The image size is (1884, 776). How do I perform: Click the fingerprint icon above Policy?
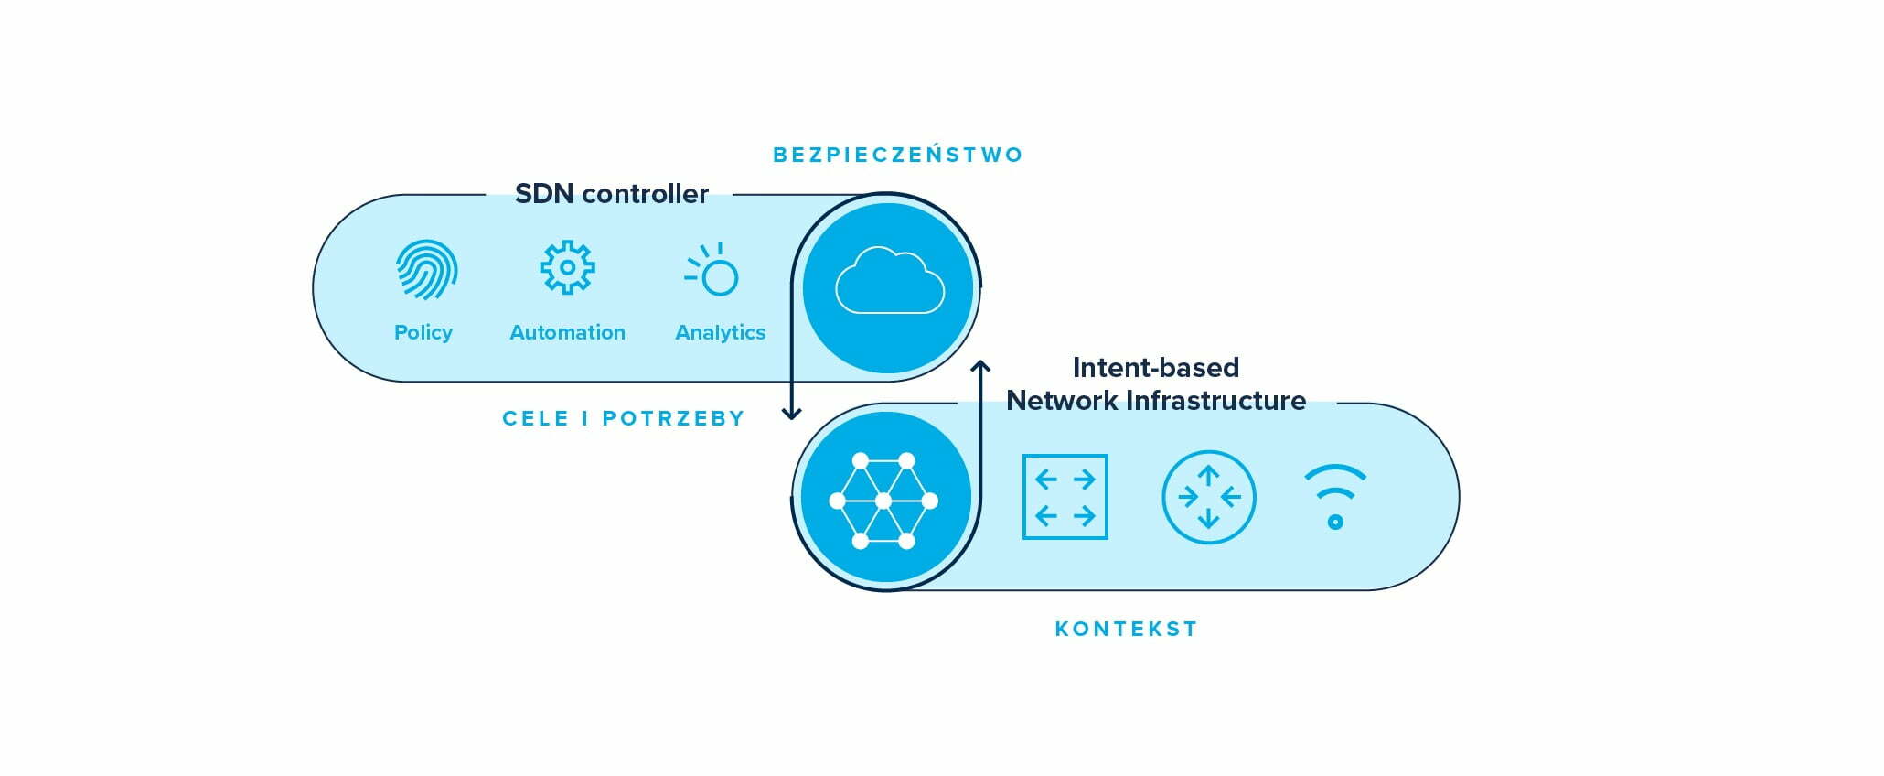click(x=426, y=270)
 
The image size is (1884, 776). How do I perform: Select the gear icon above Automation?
click(x=567, y=267)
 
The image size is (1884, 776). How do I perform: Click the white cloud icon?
click(x=889, y=281)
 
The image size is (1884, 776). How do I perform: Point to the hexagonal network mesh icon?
click(x=883, y=501)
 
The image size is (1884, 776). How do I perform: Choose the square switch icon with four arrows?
click(x=1065, y=497)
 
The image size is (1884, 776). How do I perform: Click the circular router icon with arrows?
click(x=1208, y=497)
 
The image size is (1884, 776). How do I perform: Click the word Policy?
click(x=423, y=332)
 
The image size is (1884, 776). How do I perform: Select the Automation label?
click(x=567, y=332)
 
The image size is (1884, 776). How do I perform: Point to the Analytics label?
click(x=720, y=332)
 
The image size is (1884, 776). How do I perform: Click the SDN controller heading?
click(x=611, y=194)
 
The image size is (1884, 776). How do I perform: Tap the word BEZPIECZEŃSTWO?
click(x=897, y=155)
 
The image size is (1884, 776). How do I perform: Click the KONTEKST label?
click(x=1126, y=629)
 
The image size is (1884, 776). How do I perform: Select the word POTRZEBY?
click(x=673, y=418)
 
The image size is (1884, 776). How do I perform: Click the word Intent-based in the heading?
click(x=1155, y=367)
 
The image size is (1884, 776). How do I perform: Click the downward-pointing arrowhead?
click(x=792, y=413)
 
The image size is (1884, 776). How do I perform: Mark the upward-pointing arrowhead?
click(x=980, y=367)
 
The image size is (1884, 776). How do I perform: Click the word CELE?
click(x=535, y=418)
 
